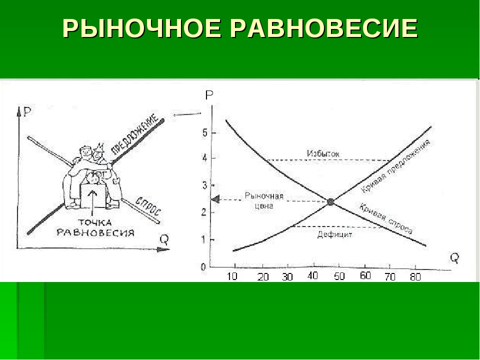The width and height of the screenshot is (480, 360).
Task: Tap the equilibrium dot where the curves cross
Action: (330, 202)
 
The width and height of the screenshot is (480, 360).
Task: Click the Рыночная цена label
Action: (264, 200)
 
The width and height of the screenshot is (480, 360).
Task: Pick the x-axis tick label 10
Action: (233, 276)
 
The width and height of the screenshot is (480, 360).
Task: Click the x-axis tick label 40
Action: (312, 275)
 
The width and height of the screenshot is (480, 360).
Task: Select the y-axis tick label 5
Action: (204, 132)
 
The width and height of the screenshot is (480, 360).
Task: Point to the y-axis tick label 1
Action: (204, 239)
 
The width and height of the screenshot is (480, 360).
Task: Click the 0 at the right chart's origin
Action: (203, 267)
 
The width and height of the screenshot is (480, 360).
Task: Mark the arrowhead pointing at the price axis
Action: (215, 199)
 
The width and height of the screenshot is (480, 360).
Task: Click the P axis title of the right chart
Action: (209, 95)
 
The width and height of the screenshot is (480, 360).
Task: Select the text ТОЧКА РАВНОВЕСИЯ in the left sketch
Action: (95, 227)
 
